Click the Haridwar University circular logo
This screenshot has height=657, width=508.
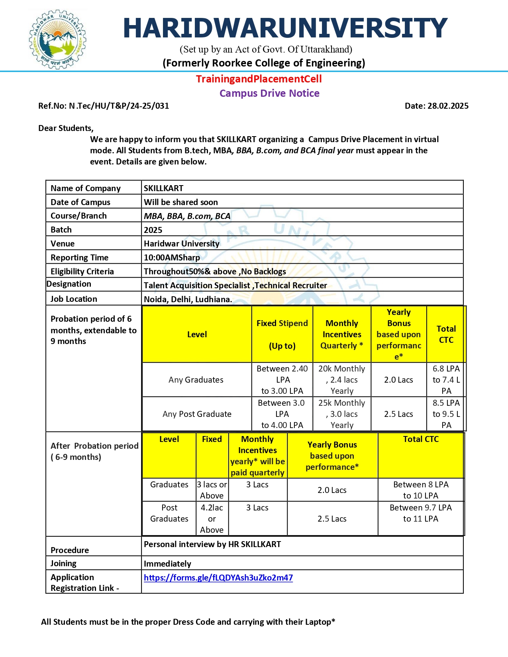click(58, 39)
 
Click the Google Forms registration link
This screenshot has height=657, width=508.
click(218, 577)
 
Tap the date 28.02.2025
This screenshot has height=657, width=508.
click(436, 106)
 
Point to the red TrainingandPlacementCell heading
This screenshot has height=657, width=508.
click(259, 79)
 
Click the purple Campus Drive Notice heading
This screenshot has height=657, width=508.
click(269, 93)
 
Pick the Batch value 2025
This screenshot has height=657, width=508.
click(153, 230)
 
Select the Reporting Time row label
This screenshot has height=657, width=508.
click(79, 258)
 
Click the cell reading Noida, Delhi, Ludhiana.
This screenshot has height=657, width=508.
click(188, 299)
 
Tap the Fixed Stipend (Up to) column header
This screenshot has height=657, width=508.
click(282, 334)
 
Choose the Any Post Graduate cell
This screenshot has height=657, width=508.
click(197, 414)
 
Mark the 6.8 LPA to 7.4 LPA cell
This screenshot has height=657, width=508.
click(446, 379)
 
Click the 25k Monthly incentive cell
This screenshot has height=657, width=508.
click(341, 414)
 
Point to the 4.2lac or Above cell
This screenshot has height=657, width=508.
click(212, 518)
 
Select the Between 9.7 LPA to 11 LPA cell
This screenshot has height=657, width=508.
click(420, 513)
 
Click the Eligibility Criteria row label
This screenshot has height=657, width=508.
click(82, 272)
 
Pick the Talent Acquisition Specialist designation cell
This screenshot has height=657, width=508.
click(235, 285)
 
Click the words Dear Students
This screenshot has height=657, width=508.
click(66, 128)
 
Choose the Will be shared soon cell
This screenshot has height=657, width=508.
click(180, 202)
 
